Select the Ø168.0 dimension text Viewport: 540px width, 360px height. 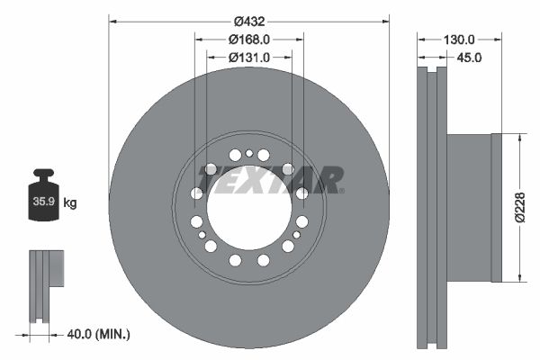[x=249, y=39]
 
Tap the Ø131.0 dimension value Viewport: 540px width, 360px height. [x=249, y=58]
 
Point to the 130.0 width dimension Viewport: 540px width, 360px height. [x=459, y=40]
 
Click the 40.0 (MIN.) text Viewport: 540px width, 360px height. [x=99, y=334]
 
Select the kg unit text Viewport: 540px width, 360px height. [x=70, y=203]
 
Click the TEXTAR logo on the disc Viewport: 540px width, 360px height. [x=271, y=180]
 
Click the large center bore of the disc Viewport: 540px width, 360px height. [x=249, y=208]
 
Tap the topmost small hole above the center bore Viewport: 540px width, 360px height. [x=249, y=152]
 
